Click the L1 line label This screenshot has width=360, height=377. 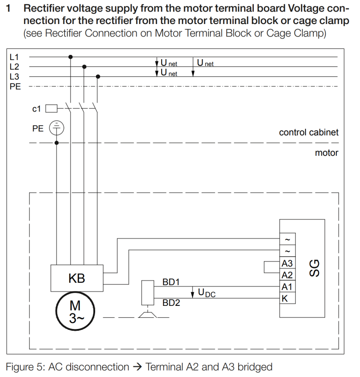(x=14, y=57)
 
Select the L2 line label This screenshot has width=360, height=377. (x=14, y=67)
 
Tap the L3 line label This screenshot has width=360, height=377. (x=14, y=76)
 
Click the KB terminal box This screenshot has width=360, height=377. (x=77, y=279)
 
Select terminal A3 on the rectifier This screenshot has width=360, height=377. (x=287, y=264)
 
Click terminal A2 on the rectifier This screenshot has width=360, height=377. (x=287, y=275)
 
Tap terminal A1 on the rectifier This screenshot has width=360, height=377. (x=287, y=287)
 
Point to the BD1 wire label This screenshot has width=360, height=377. (x=171, y=281)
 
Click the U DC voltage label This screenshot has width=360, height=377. (x=206, y=293)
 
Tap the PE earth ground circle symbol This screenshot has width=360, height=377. (x=56, y=128)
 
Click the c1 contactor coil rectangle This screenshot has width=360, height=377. (x=52, y=109)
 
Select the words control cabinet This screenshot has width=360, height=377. (x=308, y=133)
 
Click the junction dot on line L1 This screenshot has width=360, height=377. (x=70, y=57)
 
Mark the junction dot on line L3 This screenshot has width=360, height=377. (x=98, y=76)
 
